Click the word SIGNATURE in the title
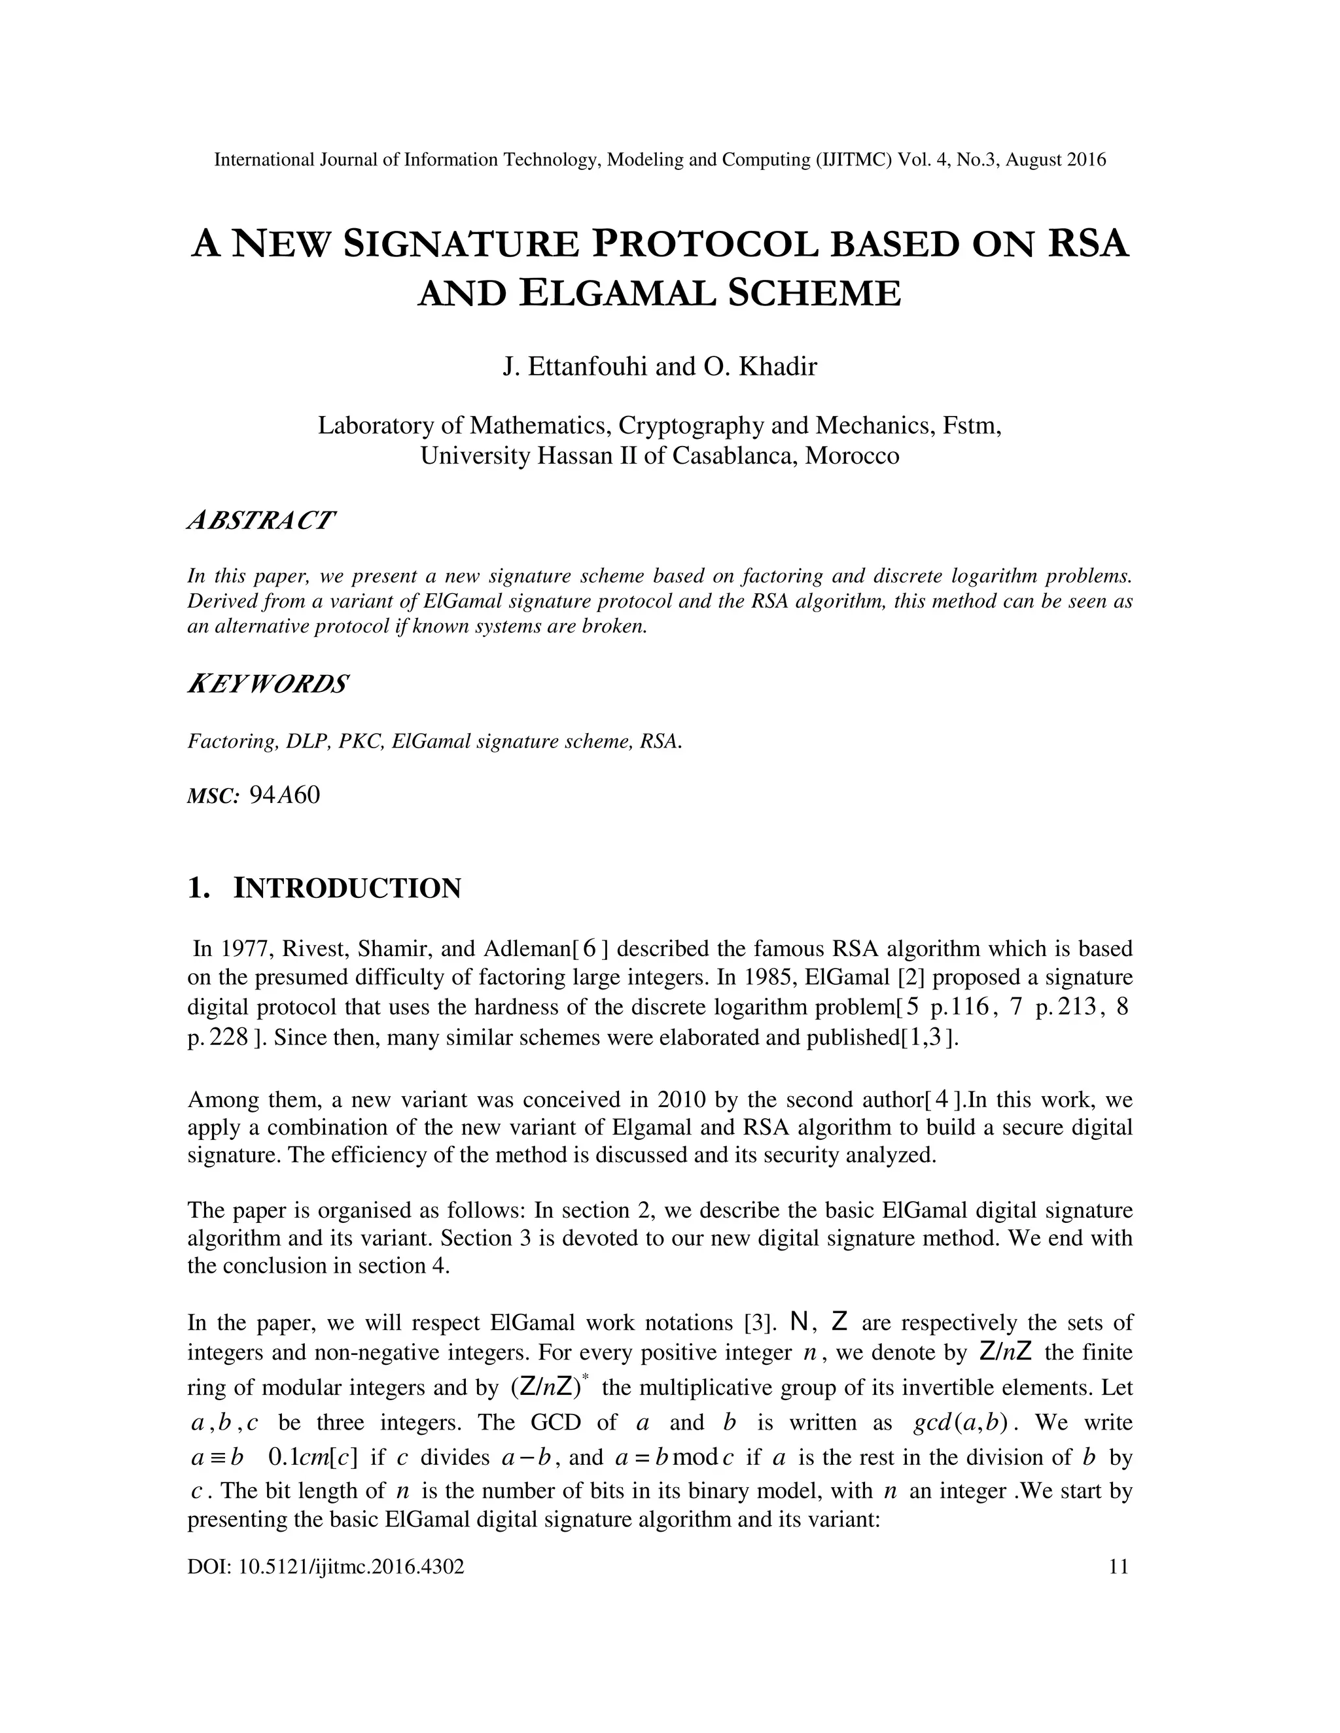(461, 244)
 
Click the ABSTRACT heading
(261, 521)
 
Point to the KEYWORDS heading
(268, 684)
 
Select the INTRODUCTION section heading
(347, 888)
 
